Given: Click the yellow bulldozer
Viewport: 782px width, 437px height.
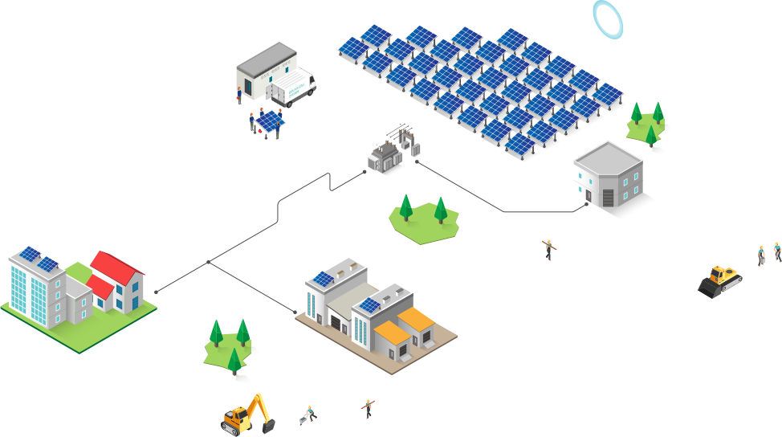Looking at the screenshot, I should [x=720, y=280].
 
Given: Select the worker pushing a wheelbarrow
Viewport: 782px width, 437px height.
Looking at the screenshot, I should [x=308, y=415].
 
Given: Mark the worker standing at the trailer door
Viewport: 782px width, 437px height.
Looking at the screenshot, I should [x=238, y=94].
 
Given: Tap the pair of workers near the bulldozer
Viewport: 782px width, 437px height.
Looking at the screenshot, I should [x=768, y=253].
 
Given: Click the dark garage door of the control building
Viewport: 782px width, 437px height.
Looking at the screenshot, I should [x=608, y=197].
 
